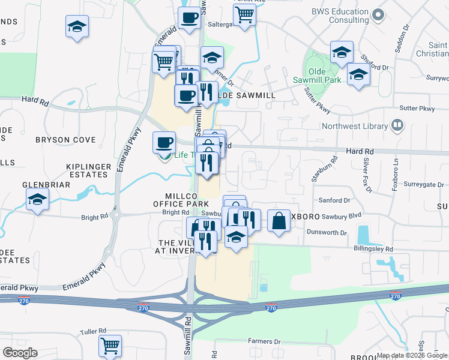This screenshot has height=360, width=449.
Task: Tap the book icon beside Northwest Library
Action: (396, 125)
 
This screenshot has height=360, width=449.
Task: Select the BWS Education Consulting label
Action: (340, 16)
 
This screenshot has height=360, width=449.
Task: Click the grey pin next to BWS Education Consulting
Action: (378, 13)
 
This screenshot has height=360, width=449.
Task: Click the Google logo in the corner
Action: (20, 353)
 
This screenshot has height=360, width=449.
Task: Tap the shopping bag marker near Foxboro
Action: (280, 221)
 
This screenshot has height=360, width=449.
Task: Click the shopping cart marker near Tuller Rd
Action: (110, 346)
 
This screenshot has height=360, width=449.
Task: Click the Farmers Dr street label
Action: (264, 341)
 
